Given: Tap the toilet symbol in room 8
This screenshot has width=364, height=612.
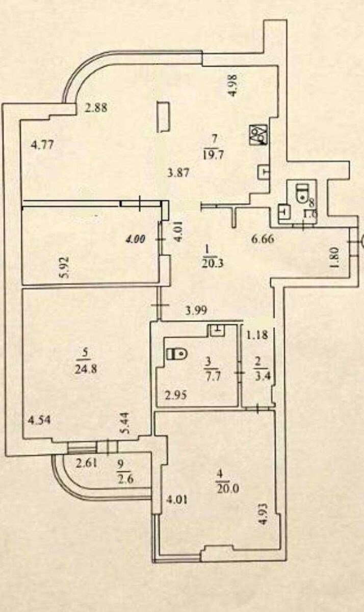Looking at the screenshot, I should point(303,192).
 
